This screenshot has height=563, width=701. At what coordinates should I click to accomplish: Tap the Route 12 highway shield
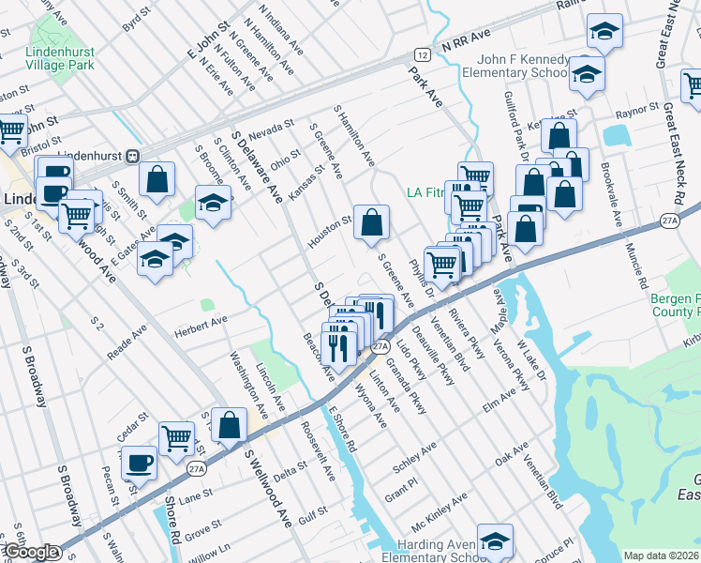click(x=424, y=55)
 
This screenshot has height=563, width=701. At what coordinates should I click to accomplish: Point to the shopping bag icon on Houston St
click(x=372, y=223)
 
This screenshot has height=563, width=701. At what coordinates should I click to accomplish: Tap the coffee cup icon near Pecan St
click(x=140, y=464)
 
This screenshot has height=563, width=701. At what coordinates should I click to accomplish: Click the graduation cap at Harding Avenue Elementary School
click(x=495, y=540)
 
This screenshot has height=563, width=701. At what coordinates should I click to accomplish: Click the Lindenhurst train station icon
click(x=133, y=156)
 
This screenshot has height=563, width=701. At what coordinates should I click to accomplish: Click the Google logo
click(x=30, y=552)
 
